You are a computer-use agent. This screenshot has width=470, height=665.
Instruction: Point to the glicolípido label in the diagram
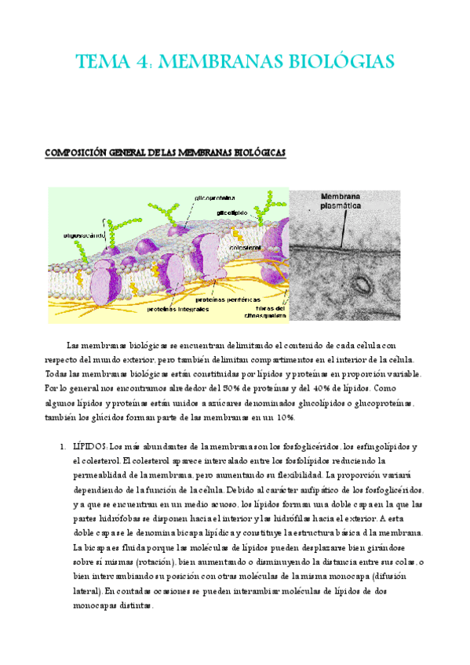coord(233,212)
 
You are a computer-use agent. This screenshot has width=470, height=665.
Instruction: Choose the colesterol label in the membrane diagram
coord(245,247)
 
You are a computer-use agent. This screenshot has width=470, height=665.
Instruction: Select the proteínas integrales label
coord(178,309)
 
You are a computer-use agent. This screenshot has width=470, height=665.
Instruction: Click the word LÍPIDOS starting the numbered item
coord(89,446)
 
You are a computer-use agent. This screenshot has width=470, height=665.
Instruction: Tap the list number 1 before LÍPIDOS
coord(62,446)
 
